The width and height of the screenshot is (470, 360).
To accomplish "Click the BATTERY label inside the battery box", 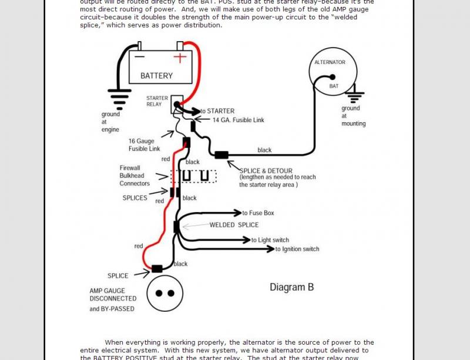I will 156,76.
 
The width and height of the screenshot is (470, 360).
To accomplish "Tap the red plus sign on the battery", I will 180,58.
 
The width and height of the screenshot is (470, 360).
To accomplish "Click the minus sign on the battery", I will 139,58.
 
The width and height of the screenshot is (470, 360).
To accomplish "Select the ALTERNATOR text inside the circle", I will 330,62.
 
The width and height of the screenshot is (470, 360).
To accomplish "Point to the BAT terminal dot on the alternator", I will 333,77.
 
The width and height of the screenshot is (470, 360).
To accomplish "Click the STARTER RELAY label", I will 157,102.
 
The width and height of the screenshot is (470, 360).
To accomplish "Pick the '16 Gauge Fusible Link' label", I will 145,144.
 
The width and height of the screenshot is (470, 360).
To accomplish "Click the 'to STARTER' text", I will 217,111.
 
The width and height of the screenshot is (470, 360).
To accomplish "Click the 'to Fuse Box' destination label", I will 258,213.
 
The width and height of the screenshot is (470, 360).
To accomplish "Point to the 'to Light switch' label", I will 270,240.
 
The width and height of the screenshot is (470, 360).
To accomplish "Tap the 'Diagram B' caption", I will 291,287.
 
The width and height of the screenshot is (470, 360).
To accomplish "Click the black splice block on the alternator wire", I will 221,155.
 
